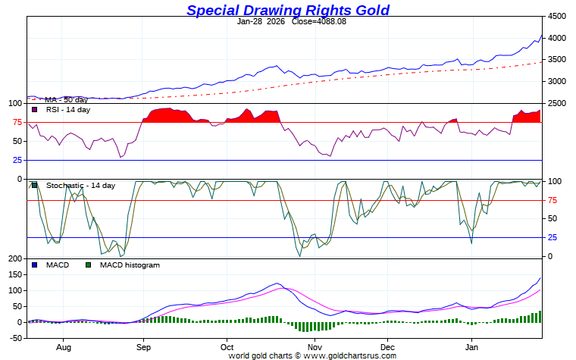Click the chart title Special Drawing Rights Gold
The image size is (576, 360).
[288, 10]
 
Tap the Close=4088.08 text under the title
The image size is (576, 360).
[319, 21]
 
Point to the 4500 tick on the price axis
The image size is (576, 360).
[557, 16]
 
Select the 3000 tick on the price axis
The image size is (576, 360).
[557, 81]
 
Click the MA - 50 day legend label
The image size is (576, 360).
[66, 99]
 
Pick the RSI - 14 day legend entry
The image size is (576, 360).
[67, 110]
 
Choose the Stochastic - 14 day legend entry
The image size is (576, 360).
[80, 186]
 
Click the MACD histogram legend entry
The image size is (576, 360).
[130, 265]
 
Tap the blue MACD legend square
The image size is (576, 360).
[35, 265]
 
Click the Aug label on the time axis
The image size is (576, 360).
[63, 346]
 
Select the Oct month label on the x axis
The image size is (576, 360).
[225, 346]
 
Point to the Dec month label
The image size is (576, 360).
[387, 346]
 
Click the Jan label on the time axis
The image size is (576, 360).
[472, 346]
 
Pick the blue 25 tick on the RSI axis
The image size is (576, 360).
[17, 160]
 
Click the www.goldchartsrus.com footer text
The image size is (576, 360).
[351, 355]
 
